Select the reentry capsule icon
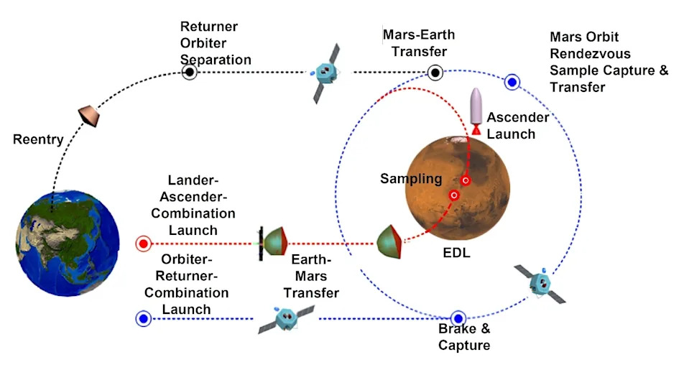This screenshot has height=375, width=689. coord(88,114)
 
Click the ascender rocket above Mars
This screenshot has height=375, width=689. coord(475,111)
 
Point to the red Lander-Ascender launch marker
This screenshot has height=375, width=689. coord(143,244)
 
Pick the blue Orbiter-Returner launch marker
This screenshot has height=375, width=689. coord(142,318)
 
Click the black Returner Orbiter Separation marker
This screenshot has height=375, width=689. coord(189,72)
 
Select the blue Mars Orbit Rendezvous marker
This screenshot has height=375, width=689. coord(512,82)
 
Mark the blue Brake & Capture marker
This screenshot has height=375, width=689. coord(458,318)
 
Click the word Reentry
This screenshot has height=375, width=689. coord(38,139)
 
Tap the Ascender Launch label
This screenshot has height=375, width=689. coord(517,125)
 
